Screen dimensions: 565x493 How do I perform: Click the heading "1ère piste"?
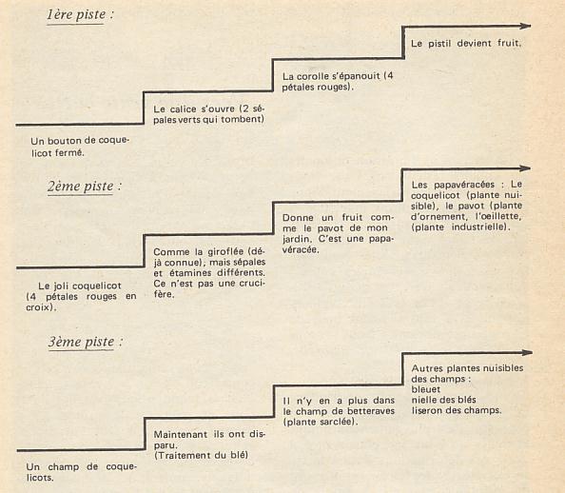point(76,14)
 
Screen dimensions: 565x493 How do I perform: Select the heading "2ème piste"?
point(81,187)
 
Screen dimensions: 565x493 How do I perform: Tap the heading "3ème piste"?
point(82,342)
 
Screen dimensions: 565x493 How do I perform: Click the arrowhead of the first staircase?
point(525,26)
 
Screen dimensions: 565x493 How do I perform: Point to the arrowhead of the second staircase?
point(525,168)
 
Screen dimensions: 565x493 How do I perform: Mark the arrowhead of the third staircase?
point(526,352)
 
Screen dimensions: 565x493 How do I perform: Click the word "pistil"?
point(439,44)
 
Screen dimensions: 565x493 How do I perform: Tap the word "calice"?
point(183,108)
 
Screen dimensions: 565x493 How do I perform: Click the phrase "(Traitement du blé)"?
point(201,455)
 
